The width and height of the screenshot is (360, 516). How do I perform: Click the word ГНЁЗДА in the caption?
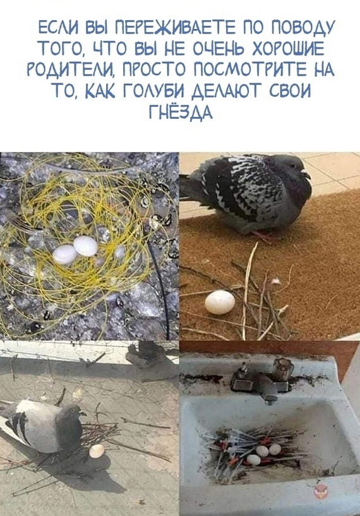pyautogui.click(x=181, y=112)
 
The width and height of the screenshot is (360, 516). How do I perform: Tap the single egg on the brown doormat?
pyautogui.click(x=220, y=302)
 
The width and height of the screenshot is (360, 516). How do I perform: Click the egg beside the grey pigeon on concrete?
pyautogui.click(x=97, y=451)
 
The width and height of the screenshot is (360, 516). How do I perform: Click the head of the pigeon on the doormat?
pyautogui.click(x=294, y=166)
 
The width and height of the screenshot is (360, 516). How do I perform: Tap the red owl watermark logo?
pyautogui.click(x=320, y=491)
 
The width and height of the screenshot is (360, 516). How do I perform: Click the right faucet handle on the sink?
pyautogui.click(x=283, y=369)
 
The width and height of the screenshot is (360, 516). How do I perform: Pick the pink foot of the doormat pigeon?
pyautogui.click(x=262, y=236)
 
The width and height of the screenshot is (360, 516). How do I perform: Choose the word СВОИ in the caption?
pyautogui.click(x=290, y=90)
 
